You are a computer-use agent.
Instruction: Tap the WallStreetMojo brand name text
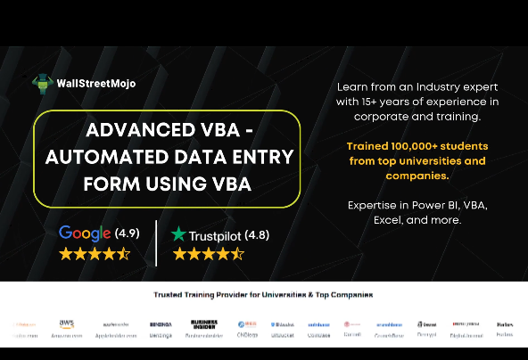pos(95,84)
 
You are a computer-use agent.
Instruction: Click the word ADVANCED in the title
pos(144,131)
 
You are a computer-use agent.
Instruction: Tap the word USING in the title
pos(174,184)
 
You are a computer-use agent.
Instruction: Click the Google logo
pos(84,233)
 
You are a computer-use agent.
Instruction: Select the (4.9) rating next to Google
pos(127,234)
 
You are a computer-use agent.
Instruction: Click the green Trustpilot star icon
pos(179,234)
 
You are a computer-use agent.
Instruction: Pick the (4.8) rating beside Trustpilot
pos(253,235)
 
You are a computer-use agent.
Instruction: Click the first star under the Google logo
pos(66,254)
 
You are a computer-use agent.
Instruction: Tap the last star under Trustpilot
pos(237,254)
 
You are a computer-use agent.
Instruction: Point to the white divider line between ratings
pos(156,242)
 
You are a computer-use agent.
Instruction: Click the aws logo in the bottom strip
pos(67,323)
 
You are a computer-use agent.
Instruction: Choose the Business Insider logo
pos(203,324)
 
